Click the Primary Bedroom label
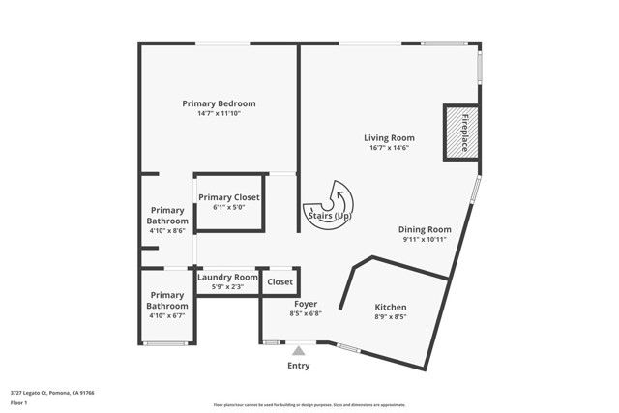point(219,103)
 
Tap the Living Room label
point(389,137)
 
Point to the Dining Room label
point(425,229)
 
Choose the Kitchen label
point(391,307)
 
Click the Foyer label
point(305,304)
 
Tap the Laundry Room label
point(227,277)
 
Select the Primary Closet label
point(228,197)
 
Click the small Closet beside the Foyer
point(280,281)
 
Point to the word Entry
point(300,366)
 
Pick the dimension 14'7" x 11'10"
point(219,114)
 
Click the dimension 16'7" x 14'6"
point(389,148)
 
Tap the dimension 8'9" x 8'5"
point(391,316)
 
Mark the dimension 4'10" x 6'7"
point(166,315)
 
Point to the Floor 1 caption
point(18,402)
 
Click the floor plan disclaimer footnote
point(309,404)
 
